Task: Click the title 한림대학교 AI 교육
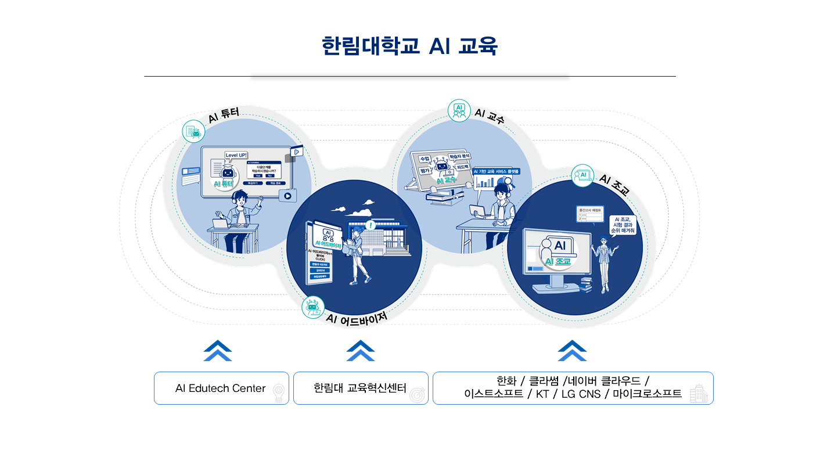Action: [409, 46]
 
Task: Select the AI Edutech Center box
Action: [221, 388]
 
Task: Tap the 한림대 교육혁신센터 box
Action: [360, 388]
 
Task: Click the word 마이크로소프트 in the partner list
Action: [647, 394]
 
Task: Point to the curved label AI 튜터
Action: [224, 114]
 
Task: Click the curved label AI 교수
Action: [489, 116]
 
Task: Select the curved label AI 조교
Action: [614, 185]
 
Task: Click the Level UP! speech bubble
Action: [236, 156]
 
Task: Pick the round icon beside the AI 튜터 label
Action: [194, 132]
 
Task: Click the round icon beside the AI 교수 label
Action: [459, 110]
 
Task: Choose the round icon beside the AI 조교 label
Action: [583, 175]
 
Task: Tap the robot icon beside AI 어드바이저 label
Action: [313, 307]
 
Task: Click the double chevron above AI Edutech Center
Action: [218, 351]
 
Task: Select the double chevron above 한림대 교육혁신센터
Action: [361, 351]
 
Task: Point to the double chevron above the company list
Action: [572, 351]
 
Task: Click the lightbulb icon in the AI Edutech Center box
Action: [279, 393]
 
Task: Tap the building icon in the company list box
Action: [699, 394]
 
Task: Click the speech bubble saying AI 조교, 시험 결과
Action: [623, 225]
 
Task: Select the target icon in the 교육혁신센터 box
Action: [418, 394]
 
